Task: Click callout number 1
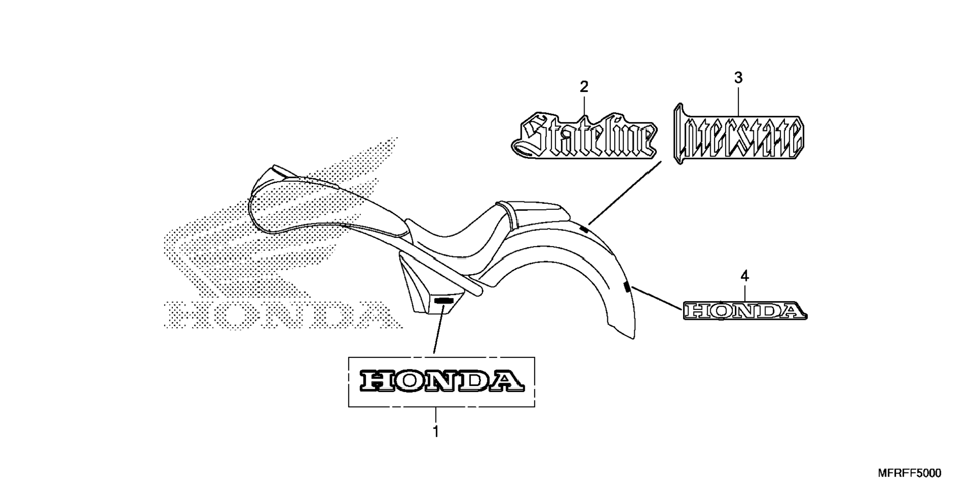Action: coord(436,431)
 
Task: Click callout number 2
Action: coord(584,87)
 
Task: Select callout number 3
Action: coord(738,78)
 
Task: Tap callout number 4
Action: coord(744,276)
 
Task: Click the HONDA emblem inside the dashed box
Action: coord(441,381)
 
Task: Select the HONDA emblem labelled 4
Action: coord(745,311)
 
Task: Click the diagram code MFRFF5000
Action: coord(909,473)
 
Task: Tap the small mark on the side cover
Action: coord(443,300)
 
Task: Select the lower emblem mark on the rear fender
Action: coord(626,287)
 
